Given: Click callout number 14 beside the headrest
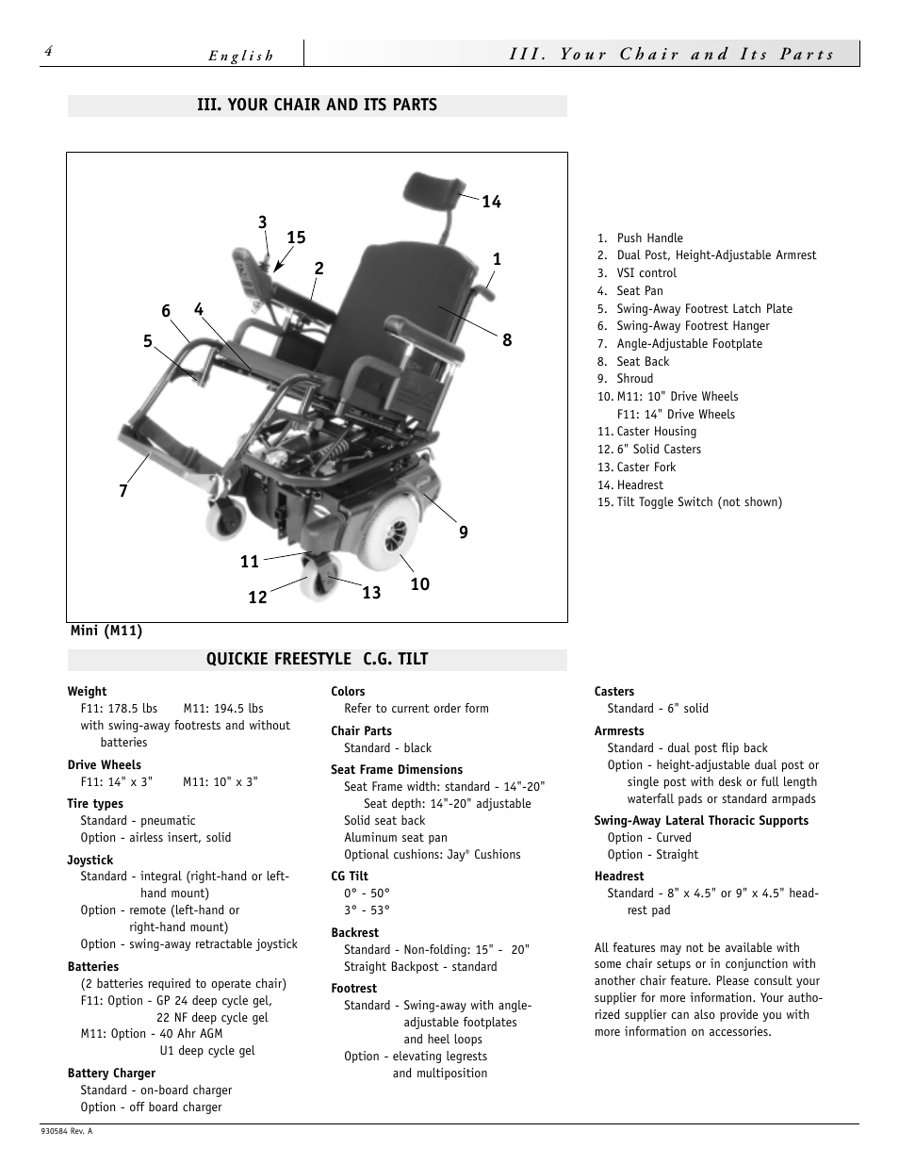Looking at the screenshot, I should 491,202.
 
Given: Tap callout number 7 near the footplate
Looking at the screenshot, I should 123,491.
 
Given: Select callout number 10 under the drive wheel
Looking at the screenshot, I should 419,584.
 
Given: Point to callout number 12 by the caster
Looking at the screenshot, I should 257,598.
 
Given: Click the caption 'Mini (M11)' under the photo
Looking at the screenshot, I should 106,631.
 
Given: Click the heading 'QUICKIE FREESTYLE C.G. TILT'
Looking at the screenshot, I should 317,659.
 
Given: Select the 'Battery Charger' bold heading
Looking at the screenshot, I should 111,1073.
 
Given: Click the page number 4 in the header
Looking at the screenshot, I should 46,53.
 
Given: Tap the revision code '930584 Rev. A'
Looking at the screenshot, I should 67,1131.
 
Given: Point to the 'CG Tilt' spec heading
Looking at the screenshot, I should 350,876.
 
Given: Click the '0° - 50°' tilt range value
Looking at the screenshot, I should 367,893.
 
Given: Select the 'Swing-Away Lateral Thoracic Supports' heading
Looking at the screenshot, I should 701,820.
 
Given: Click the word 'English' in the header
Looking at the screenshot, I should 241,56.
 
